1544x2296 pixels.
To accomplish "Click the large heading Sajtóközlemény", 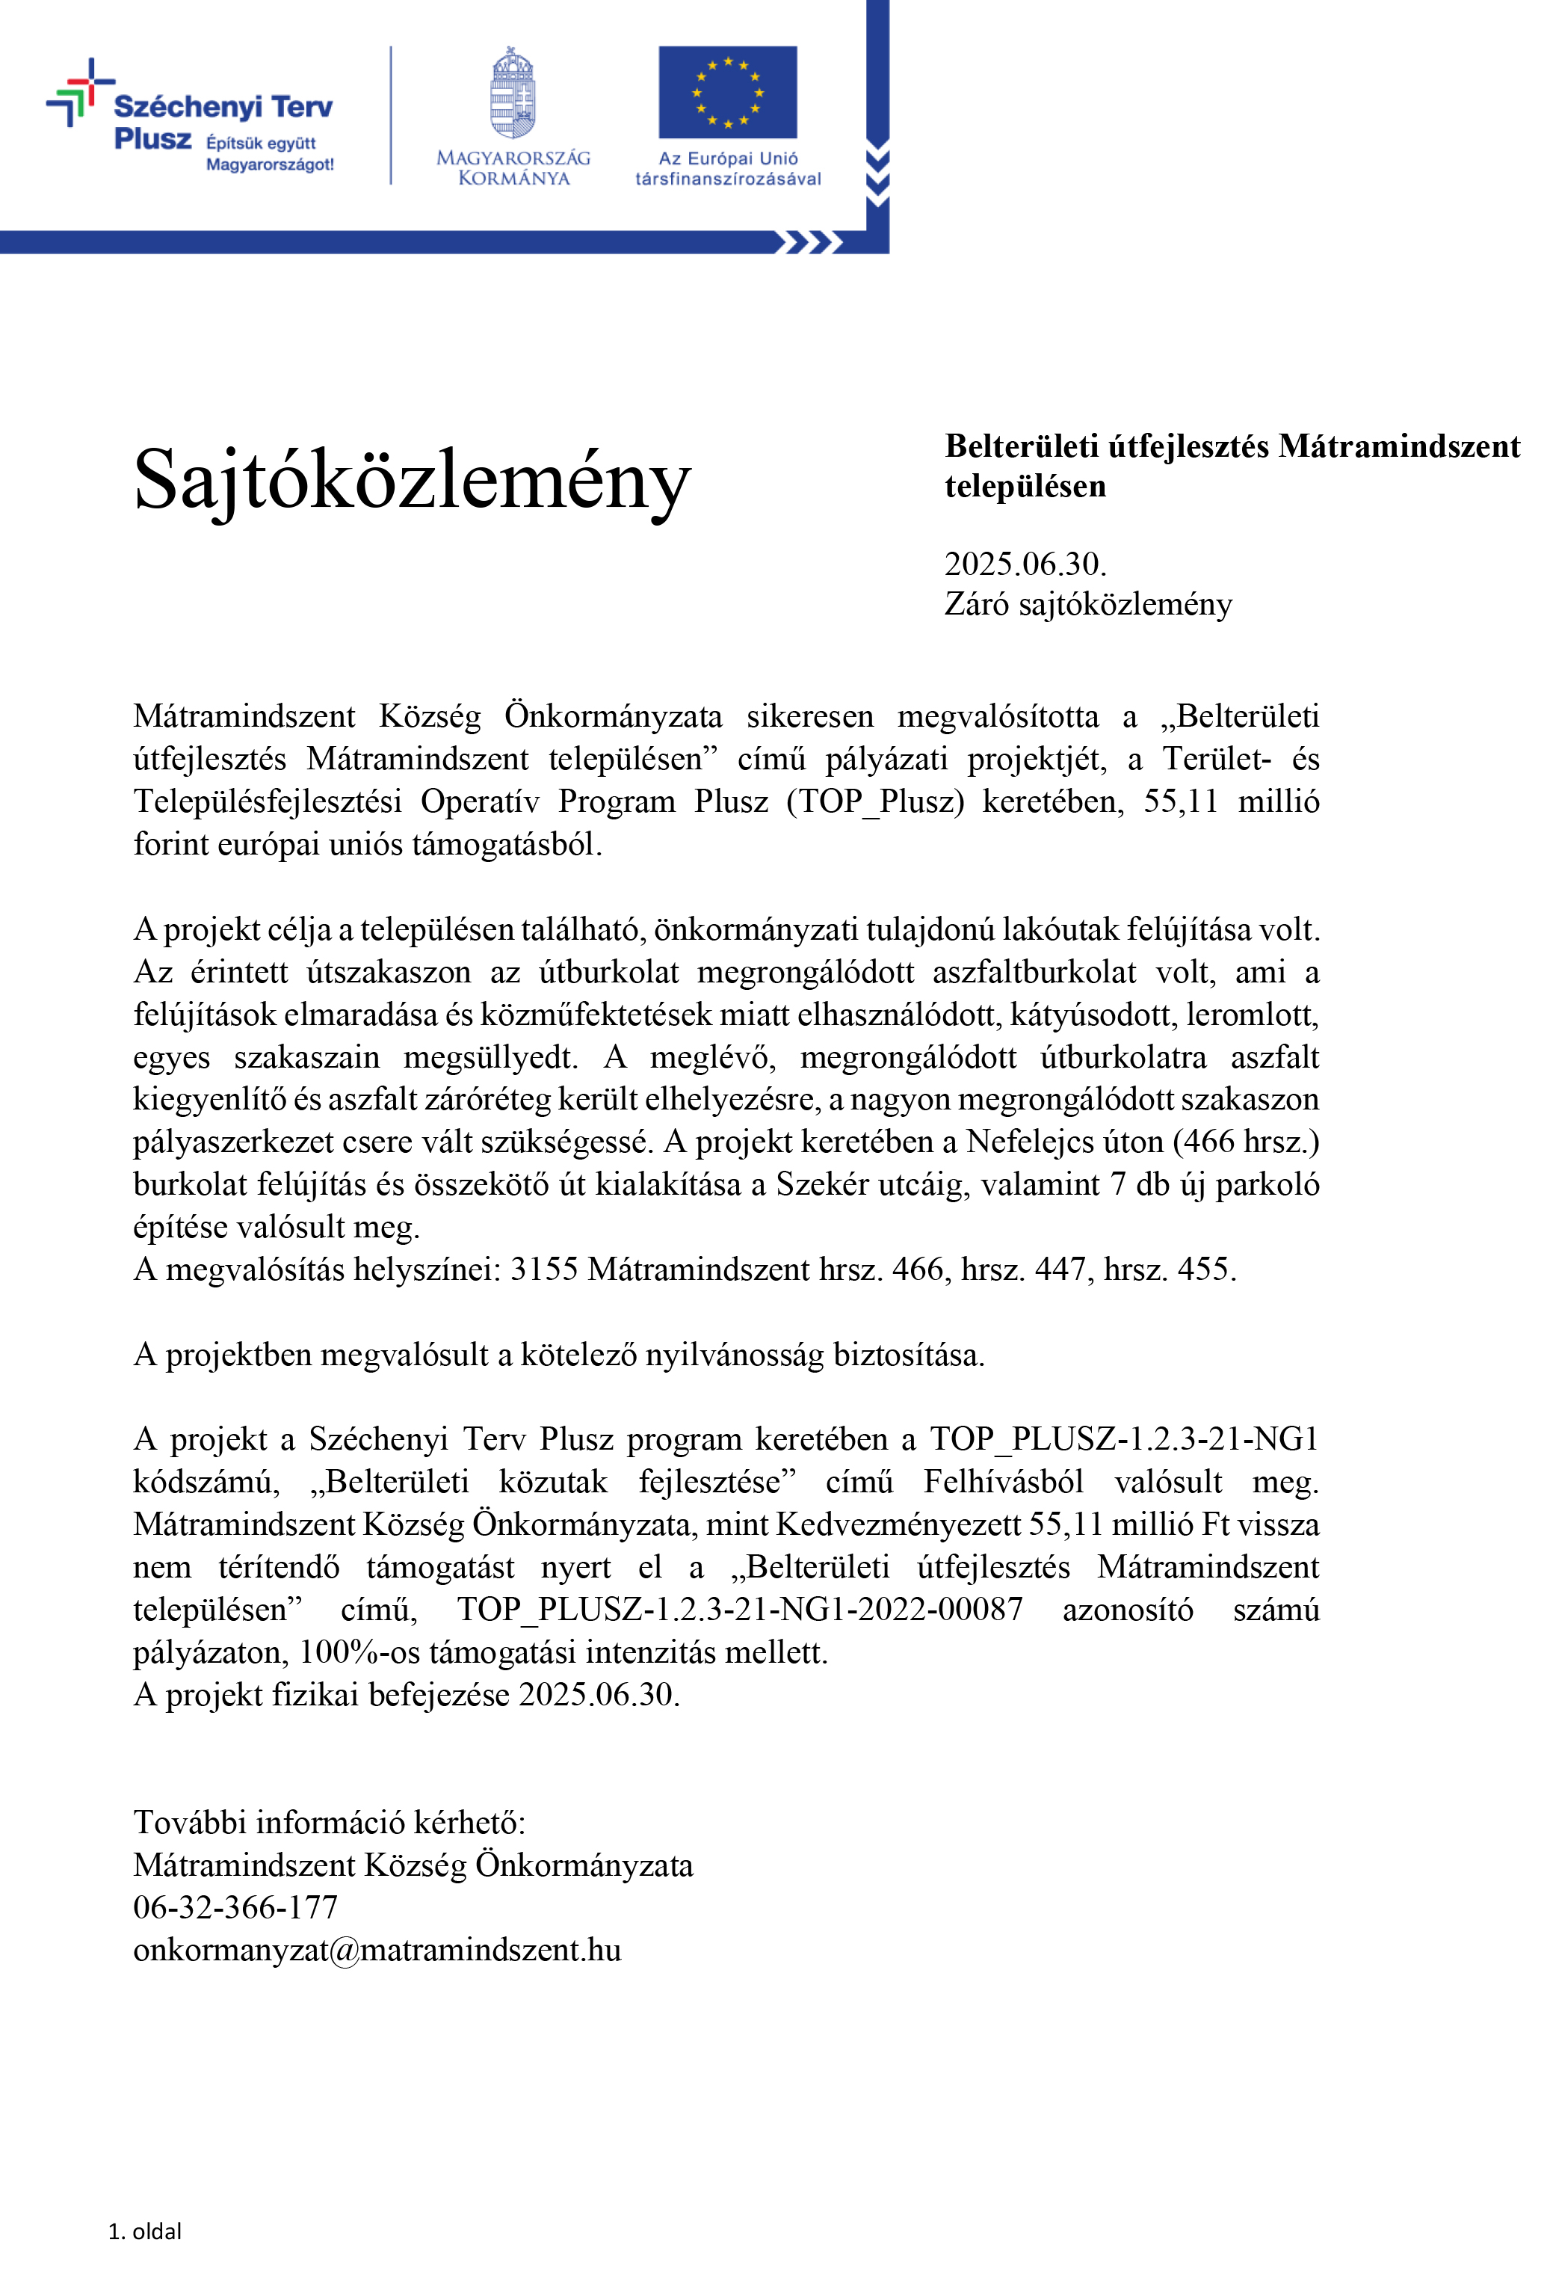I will coord(412,480).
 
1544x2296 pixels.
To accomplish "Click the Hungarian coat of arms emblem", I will coord(513,93).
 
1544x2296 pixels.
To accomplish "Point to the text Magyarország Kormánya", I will coord(513,167).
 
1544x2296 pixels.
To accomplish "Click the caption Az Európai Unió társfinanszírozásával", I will coord(728,168).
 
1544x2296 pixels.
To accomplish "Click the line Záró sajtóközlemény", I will coord(1087,604).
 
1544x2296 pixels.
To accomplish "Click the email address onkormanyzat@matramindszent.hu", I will coord(377,1949).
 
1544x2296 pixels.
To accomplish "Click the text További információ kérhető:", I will coord(329,1822).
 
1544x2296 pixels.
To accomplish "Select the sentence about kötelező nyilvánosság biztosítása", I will coord(558,1355).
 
